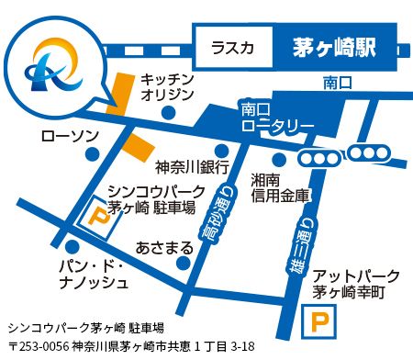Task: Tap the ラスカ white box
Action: [x=233, y=48]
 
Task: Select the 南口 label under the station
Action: [x=338, y=84]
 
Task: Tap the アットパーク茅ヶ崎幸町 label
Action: [x=356, y=284]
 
